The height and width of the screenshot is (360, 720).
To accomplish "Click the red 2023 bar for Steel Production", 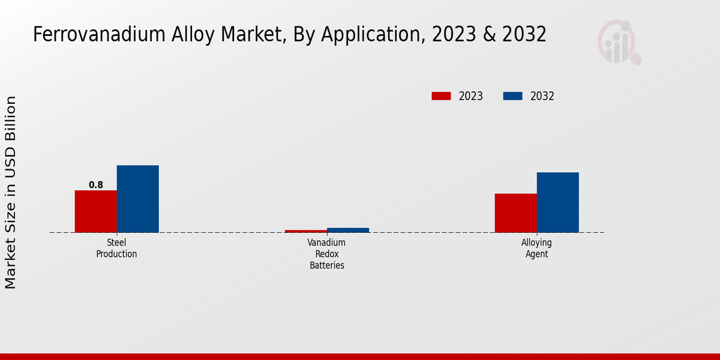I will pyautogui.click(x=95, y=211).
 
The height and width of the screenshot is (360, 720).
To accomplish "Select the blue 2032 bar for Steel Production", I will pyautogui.click(x=137, y=199).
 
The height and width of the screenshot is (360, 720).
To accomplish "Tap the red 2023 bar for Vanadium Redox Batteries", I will pyautogui.click(x=305, y=231).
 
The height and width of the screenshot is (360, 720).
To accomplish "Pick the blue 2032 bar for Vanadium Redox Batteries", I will pyautogui.click(x=347, y=230).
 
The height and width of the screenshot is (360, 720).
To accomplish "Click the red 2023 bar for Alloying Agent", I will pyautogui.click(x=515, y=213).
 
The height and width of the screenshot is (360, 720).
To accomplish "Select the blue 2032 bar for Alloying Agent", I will pyautogui.click(x=557, y=202).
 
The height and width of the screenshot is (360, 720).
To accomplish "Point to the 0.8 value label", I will pyautogui.click(x=96, y=185).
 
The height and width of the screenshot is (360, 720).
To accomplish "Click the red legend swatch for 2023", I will pyautogui.click(x=441, y=96).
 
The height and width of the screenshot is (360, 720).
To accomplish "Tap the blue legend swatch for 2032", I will pyautogui.click(x=512, y=96).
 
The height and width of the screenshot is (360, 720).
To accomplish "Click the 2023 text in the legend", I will pyautogui.click(x=471, y=96).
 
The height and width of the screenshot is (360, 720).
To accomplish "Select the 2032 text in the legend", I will pyautogui.click(x=542, y=96).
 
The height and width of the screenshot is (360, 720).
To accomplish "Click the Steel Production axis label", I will pyautogui.click(x=116, y=248).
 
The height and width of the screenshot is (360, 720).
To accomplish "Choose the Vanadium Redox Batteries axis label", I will pyautogui.click(x=326, y=254).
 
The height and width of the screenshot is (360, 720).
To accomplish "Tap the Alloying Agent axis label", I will pyautogui.click(x=536, y=248).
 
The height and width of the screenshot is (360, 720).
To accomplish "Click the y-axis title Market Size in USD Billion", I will pyautogui.click(x=11, y=192).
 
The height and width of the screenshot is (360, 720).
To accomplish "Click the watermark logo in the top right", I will pyautogui.click(x=619, y=42).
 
